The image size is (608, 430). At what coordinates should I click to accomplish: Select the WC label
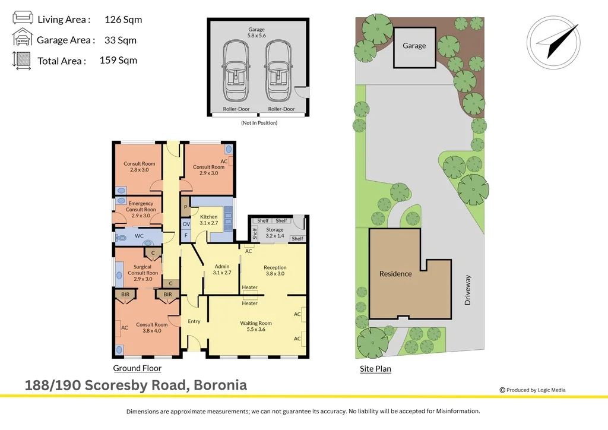139,236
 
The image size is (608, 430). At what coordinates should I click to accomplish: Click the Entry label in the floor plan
194,321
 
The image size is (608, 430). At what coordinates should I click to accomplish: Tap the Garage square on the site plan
414,46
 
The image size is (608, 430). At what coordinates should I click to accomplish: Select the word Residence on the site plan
395,274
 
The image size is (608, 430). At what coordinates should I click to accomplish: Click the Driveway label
468,290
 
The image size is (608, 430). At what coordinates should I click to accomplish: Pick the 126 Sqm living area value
123,20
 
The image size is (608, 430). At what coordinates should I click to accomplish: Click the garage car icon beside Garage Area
23,39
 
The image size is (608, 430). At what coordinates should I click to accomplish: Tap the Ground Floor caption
137,368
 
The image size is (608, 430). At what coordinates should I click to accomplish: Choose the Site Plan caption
375,369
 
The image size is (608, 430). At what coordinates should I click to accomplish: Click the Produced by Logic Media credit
533,390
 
